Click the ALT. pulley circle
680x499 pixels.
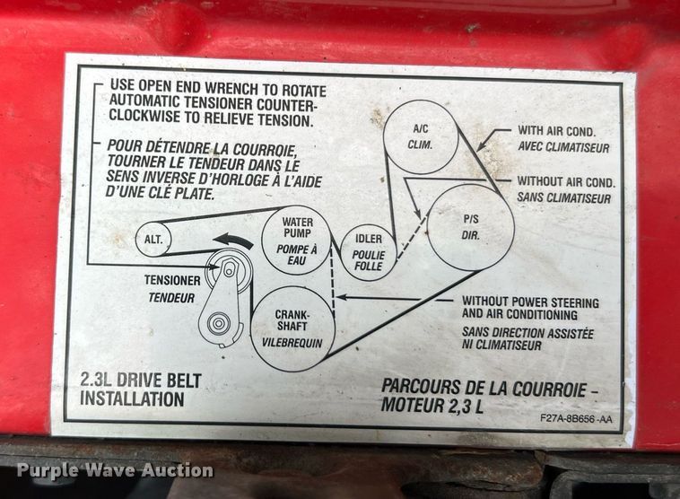click(153, 239)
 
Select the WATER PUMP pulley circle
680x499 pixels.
click(296, 237)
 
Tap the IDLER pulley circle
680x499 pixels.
click(369, 252)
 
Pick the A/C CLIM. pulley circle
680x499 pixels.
click(421, 136)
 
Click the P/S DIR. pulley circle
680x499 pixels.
click(470, 226)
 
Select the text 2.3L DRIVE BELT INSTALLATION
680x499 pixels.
click(141, 389)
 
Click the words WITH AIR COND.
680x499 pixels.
click(557, 131)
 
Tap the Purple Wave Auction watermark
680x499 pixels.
click(114, 470)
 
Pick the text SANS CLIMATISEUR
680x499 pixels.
click(563, 197)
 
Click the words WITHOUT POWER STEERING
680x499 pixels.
click(530, 302)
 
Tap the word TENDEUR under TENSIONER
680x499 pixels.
click(170, 297)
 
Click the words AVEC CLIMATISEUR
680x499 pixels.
click(562, 147)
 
